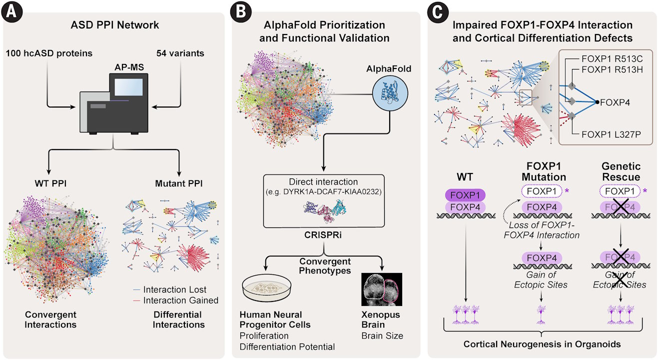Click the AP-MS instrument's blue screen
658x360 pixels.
pyautogui.click(x=129, y=87)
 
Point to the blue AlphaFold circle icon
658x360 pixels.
pyautogui.click(x=390, y=93)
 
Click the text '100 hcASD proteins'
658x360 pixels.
pyautogui.click(x=49, y=53)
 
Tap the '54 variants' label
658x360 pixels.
pyautogui.click(x=180, y=53)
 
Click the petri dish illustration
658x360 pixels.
pyautogui.click(x=267, y=288)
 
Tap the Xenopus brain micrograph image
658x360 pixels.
pyautogui.click(x=382, y=289)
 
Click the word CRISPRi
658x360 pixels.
pyautogui.click(x=323, y=235)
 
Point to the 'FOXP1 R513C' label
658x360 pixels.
pyautogui.click(x=612, y=59)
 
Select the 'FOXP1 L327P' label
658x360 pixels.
pyautogui.click(x=612, y=134)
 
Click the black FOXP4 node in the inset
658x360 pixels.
pyautogui.click(x=597, y=102)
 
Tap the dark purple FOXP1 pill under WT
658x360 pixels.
pyautogui.click(x=465, y=195)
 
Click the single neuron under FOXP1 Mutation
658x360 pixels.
pyautogui.click(x=541, y=314)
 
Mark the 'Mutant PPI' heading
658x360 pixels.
pyautogui.click(x=179, y=183)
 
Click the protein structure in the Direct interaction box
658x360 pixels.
pyautogui.click(x=325, y=210)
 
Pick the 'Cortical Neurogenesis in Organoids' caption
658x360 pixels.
pyautogui.click(x=542, y=344)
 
